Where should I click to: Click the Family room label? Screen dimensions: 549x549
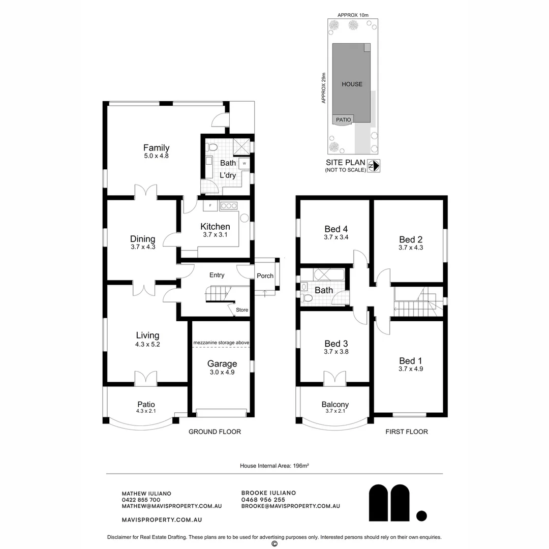[x=156, y=148]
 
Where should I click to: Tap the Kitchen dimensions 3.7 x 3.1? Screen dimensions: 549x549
[x=215, y=235]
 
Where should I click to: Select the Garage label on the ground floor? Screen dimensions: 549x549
[x=222, y=363]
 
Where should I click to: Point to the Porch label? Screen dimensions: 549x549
[x=265, y=276]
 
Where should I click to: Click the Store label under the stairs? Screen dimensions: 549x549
[x=242, y=310]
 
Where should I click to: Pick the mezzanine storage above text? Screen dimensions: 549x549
[x=221, y=343]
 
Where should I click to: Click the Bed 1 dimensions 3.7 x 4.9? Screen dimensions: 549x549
[x=411, y=369]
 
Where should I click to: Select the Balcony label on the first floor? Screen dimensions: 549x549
[x=335, y=405]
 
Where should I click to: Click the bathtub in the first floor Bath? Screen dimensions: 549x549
[x=324, y=274]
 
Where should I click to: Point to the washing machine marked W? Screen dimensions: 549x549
[x=245, y=164]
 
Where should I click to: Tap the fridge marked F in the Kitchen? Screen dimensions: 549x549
[x=210, y=206]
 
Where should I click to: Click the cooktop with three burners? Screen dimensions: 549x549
[x=229, y=206]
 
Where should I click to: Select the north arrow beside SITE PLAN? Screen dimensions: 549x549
[x=374, y=166]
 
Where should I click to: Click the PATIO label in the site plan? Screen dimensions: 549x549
[x=343, y=119]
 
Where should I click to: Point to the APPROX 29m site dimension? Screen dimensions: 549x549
[x=323, y=88]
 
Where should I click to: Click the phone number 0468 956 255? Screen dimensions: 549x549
[x=263, y=500]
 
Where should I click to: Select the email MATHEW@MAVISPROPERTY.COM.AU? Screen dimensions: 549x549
[x=172, y=506]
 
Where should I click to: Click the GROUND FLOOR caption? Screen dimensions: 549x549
[x=215, y=432]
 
